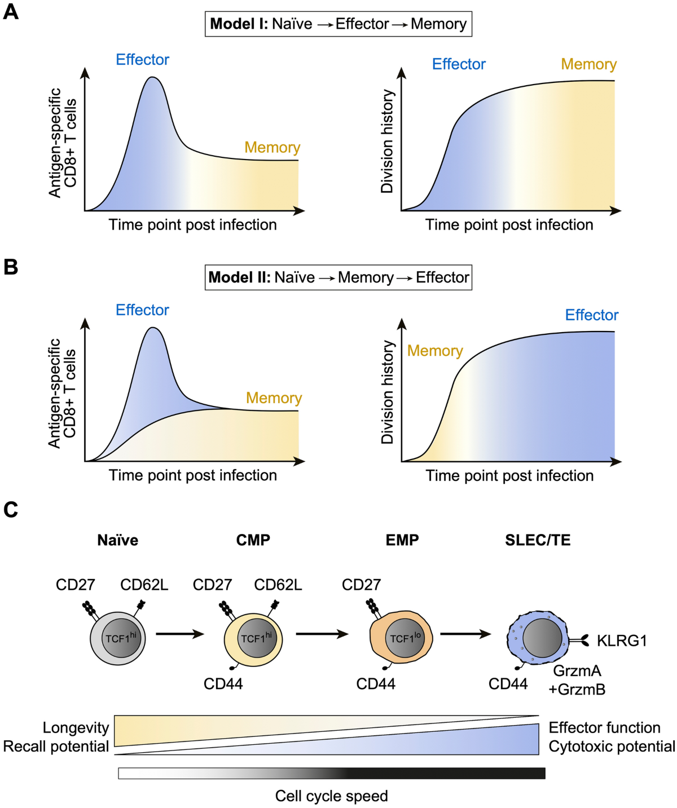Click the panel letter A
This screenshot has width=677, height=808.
(11, 12)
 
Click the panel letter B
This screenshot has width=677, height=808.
(11, 267)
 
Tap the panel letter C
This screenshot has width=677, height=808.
(11, 510)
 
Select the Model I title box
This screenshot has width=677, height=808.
(338, 24)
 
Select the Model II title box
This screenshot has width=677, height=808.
(338, 277)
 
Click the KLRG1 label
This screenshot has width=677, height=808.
(621, 641)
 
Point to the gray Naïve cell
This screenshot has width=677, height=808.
(118, 638)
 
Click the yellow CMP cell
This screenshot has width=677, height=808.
(253, 639)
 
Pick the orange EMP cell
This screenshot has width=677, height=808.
(401, 638)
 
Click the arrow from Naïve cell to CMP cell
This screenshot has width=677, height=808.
(179, 634)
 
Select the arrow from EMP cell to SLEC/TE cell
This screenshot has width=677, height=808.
(465, 634)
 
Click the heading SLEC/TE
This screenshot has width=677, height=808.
(538, 540)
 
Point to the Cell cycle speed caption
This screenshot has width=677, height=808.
(331, 796)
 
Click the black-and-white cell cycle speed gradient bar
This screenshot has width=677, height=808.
(331, 773)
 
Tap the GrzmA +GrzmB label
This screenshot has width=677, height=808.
(577, 680)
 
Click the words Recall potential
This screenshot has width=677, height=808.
(56, 747)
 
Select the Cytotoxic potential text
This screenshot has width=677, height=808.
(612, 747)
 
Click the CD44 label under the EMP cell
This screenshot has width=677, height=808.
(376, 684)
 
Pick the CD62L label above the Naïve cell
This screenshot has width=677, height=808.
(144, 585)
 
